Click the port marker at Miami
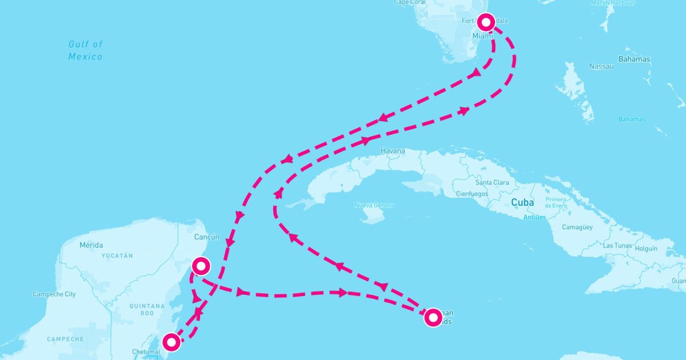click(486, 22)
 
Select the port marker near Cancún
click(201, 266)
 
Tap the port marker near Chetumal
click(171, 342)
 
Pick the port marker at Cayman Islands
click(433, 317)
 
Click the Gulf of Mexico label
click(85, 50)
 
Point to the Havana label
click(393, 151)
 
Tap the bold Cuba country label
click(523, 202)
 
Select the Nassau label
click(601, 66)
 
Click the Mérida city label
click(91, 245)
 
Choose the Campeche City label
click(54, 294)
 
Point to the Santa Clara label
click(492, 183)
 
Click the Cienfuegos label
click(472, 194)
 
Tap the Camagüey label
click(577, 227)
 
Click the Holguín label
click(647, 249)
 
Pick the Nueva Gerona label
click(374, 205)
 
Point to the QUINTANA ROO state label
click(147, 309)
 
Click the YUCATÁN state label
click(117, 256)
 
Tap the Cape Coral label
click(410, 2)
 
